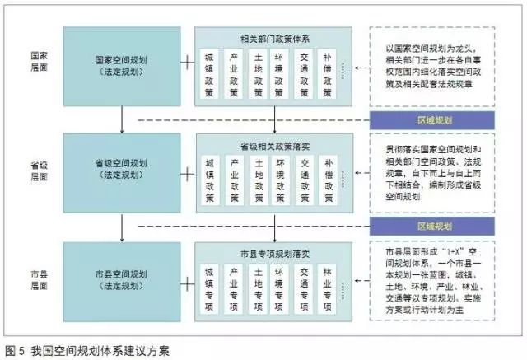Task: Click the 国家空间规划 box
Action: [x=121, y=66]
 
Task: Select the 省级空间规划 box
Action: [x=121, y=170]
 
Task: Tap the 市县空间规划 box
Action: [x=121, y=279]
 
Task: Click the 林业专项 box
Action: [x=329, y=288]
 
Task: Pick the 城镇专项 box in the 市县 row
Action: [x=210, y=288]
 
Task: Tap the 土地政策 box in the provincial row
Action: [x=258, y=180]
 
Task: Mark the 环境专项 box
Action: [x=281, y=288]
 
